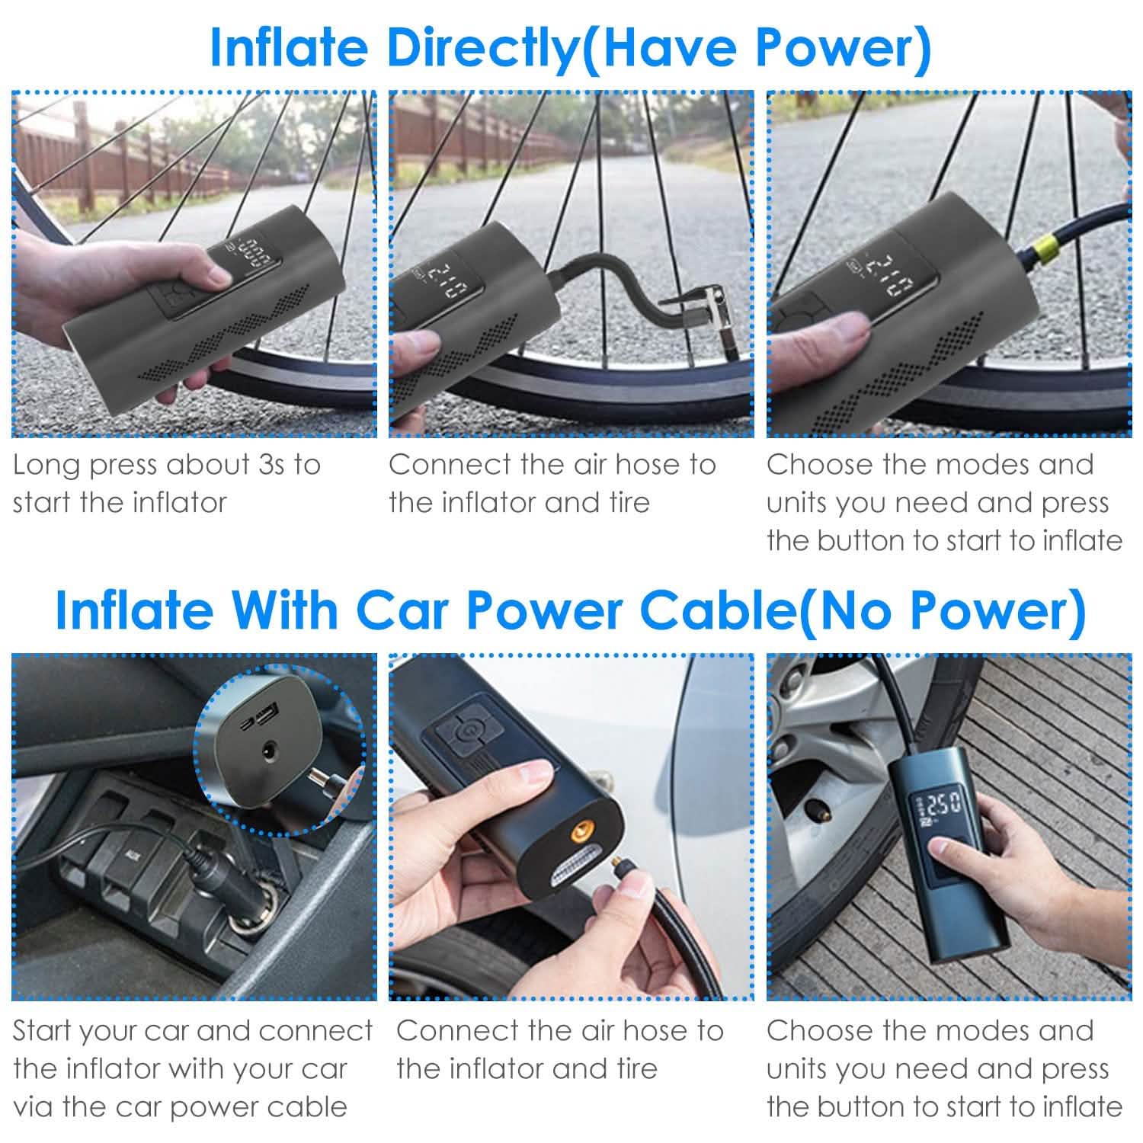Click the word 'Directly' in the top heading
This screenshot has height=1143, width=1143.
[x=483, y=47]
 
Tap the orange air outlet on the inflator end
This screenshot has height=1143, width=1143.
[x=582, y=831]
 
